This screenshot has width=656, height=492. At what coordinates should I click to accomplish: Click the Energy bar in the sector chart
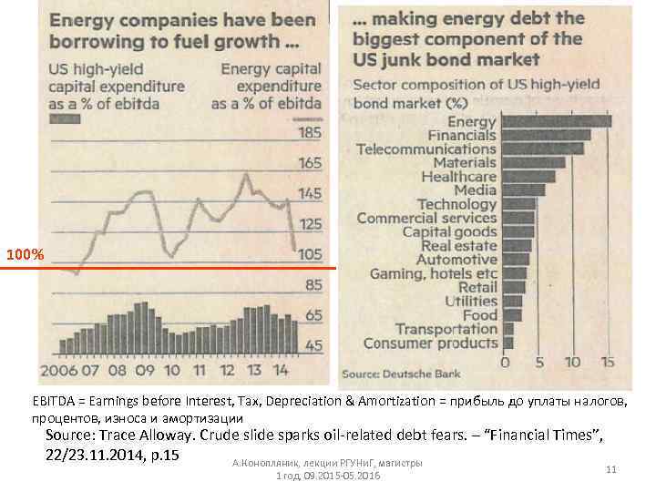coord(557,120)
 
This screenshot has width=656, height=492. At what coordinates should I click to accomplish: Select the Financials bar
coord(547,135)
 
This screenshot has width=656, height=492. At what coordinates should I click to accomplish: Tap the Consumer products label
coord(431,343)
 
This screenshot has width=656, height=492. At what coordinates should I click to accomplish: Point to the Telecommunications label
coord(426,149)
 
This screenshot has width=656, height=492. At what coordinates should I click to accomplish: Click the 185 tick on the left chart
coord(310,134)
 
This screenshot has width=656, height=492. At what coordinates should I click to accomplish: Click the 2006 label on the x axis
coord(59,372)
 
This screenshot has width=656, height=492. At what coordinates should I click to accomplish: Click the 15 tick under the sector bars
coord(609,361)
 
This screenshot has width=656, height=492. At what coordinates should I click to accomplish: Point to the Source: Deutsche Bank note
coord(400,374)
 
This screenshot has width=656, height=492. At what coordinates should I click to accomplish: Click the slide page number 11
coord(611,468)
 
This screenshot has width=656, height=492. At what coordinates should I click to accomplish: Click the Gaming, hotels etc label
coord(434,273)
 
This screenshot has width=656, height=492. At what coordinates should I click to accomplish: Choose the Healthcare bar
coord(528,176)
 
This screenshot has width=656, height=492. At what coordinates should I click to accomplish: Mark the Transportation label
coord(446,329)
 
